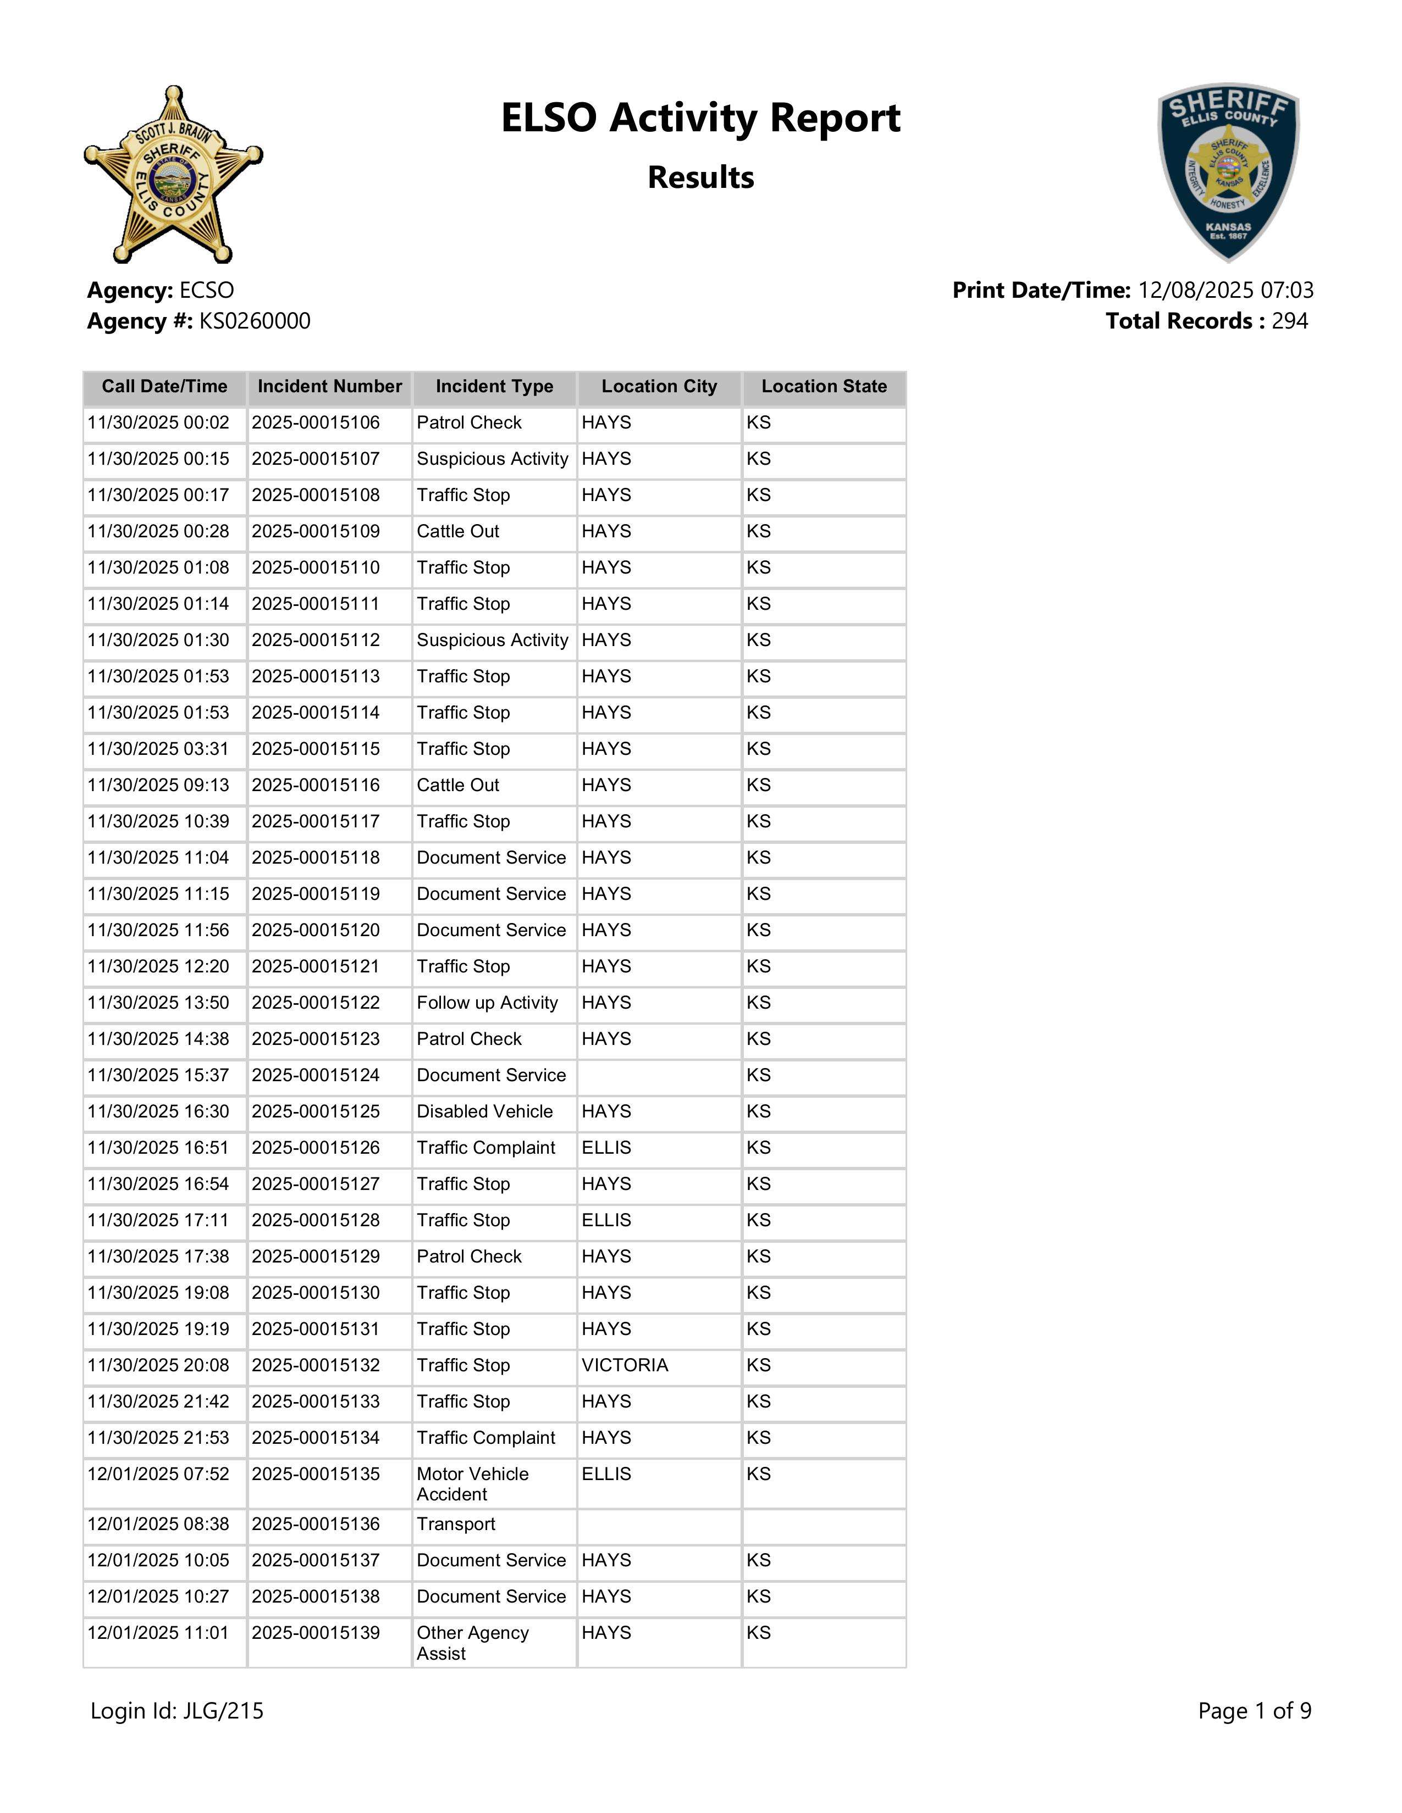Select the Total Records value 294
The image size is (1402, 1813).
1289,321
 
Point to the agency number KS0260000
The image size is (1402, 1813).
254,321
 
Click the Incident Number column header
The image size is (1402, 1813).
330,387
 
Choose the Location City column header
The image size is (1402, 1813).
659,387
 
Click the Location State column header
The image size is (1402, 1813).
824,387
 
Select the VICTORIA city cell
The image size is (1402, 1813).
625,1366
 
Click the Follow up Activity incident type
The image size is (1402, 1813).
488,1003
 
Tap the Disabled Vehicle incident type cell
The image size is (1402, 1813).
485,1111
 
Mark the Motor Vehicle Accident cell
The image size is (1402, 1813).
473,1484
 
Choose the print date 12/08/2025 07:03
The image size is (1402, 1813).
1225,291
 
